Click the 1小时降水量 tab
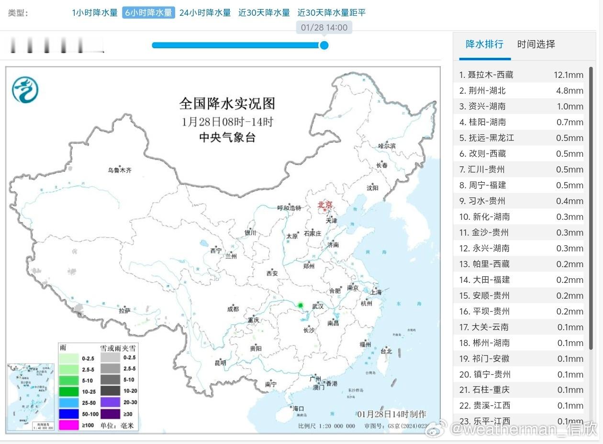[x=95, y=13]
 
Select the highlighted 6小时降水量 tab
[x=148, y=13]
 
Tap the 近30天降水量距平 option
[x=332, y=13]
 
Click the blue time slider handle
[x=324, y=45]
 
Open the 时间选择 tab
[x=536, y=44]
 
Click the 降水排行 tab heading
[x=485, y=44]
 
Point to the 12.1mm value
[x=569, y=75]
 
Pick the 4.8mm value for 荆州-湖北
[x=569, y=91]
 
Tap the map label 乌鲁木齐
[x=119, y=170]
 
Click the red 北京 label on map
[x=325, y=205]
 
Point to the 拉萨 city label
[x=124, y=311]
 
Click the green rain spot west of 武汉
[x=301, y=305]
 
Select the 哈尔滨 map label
[x=387, y=146]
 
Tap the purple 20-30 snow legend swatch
[x=110, y=402]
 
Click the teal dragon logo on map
[x=25, y=90]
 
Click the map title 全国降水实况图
[x=227, y=103]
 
